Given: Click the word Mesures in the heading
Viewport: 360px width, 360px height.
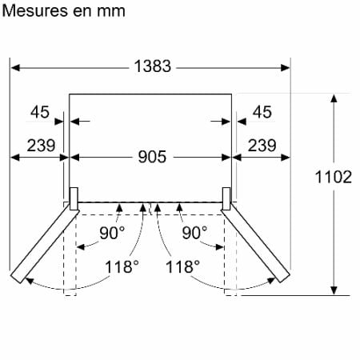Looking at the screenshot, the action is pyautogui.click(x=35, y=11).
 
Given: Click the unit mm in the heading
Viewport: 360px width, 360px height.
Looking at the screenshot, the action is pyautogui.click(x=111, y=12).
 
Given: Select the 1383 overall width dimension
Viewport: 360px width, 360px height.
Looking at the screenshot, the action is pyautogui.click(x=153, y=66).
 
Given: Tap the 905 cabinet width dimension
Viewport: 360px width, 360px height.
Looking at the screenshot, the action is pyautogui.click(x=152, y=157).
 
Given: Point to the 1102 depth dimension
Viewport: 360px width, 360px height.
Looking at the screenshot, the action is pyautogui.click(x=334, y=177).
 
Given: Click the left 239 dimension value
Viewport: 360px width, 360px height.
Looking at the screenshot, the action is pyautogui.click(x=41, y=146).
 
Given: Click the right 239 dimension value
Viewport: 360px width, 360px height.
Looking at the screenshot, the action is pyautogui.click(x=262, y=146).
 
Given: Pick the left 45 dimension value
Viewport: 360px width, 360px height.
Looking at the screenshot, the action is pyautogui.click(x=40, y=112).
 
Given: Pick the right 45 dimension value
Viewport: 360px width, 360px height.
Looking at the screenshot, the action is pyautogui.click(x=262, y=112).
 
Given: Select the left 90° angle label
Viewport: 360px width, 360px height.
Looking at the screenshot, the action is pyautogui.click(x=112, y=233).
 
